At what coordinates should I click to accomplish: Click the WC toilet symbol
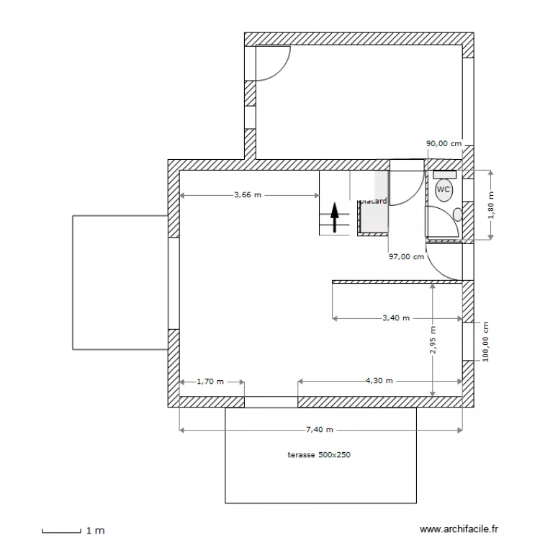[444, 190]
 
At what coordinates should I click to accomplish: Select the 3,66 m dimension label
[247, 194]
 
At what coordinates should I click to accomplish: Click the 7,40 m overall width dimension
[320, 430]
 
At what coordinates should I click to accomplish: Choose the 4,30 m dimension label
[379, 381]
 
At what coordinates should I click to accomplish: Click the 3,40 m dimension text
[395, 318]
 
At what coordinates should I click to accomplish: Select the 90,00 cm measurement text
[444, 144]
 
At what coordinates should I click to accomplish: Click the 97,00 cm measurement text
[406, 256]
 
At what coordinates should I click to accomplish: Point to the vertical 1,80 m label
[492, 204]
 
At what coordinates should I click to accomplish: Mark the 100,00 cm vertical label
[485, 342]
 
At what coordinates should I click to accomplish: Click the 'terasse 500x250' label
[318, 455]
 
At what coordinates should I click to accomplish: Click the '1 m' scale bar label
[95, 531]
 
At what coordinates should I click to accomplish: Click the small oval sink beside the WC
[457, 214]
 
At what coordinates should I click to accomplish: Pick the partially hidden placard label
[374, 202]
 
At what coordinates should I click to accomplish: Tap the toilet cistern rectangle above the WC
[444, 174]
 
